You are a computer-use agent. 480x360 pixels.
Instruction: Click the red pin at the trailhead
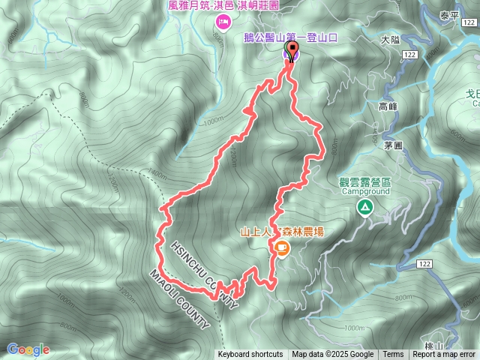(290, 52)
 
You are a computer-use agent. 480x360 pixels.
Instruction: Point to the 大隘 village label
(391, 39)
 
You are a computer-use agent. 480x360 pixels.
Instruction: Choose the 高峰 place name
(388, 107)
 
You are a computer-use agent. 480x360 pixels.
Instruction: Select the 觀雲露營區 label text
(365, 181)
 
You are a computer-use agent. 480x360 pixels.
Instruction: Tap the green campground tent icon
(365, 207)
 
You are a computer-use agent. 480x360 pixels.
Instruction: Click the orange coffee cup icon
(281, 247)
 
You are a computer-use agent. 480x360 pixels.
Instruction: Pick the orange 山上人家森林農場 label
(282, 232)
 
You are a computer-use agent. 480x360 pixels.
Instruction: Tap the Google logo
(28, 349)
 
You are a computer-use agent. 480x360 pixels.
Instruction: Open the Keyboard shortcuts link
(250, 355)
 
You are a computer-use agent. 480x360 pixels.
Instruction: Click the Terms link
(393, 355)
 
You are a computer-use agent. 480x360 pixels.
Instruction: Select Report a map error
(445, 355)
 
